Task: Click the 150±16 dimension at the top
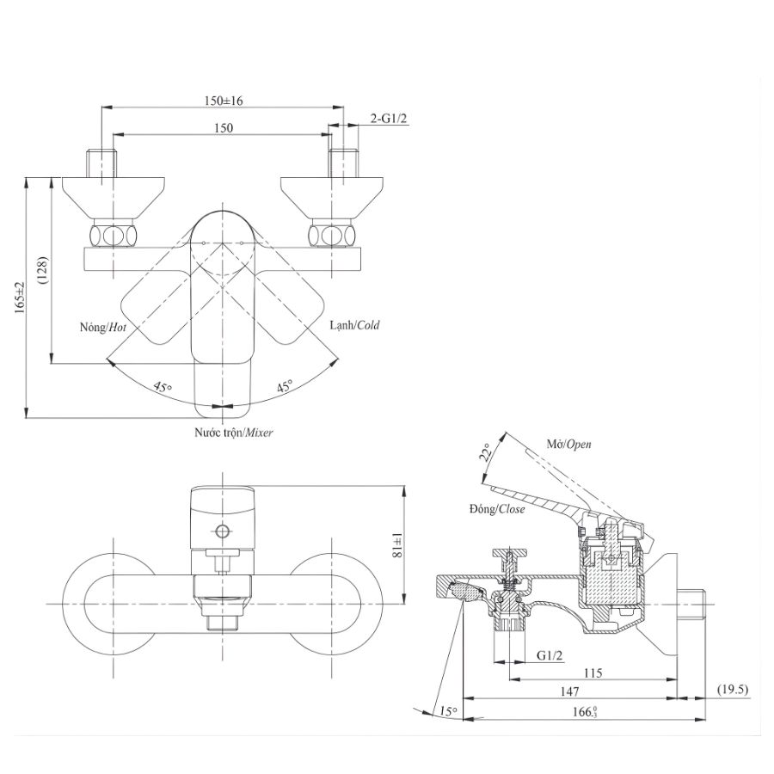[x=224, y=101]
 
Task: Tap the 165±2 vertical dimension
[x=20, y=297]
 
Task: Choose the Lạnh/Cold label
[x=353, y=326]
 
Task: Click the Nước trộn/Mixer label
[x=233, y=433]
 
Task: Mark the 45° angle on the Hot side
[x=163, y=386]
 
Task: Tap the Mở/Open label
[x=568, y=445]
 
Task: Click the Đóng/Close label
[x=497, y=509]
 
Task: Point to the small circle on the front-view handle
[x=223, y=531]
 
